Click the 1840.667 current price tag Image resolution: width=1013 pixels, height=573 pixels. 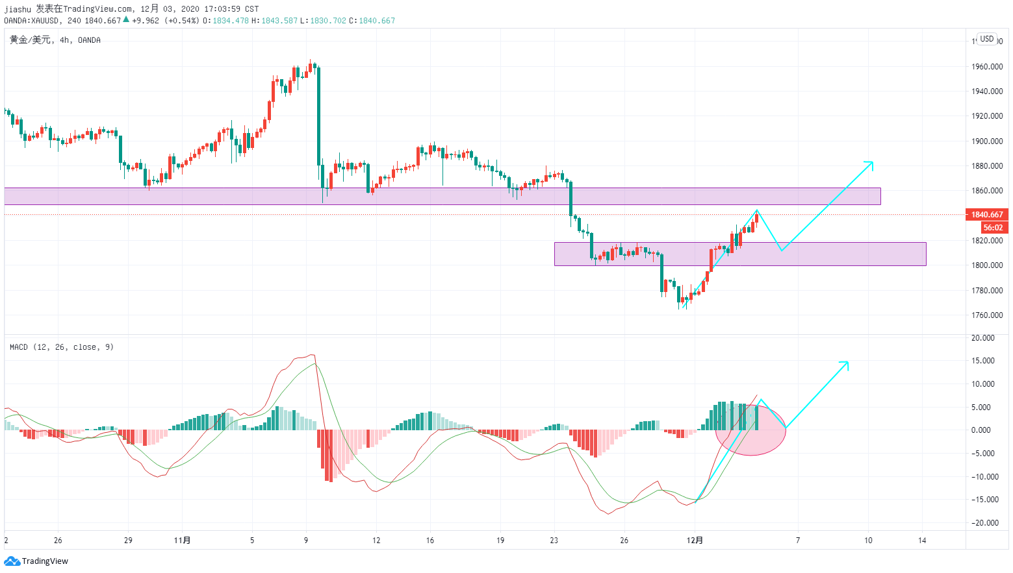[x=987, y=214]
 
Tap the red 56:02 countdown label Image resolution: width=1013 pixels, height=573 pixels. [x=994, y=228]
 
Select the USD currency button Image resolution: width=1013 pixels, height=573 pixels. [x=987, y=39]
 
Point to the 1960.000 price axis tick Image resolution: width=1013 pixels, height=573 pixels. [x=987, y=67]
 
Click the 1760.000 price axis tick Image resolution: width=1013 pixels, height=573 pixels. [x=987, y=315]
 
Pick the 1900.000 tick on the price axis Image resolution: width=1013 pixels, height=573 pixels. [x=987, y=141]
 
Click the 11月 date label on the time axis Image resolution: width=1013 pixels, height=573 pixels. [x=183, y=540]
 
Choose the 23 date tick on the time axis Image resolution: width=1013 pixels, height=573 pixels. [x=554, y=540]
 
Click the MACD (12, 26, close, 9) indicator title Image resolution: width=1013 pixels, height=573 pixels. [x=62, y=347]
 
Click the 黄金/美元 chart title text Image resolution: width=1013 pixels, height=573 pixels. [x=30, y=40]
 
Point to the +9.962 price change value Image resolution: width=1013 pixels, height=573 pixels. [x=145, y=21]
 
